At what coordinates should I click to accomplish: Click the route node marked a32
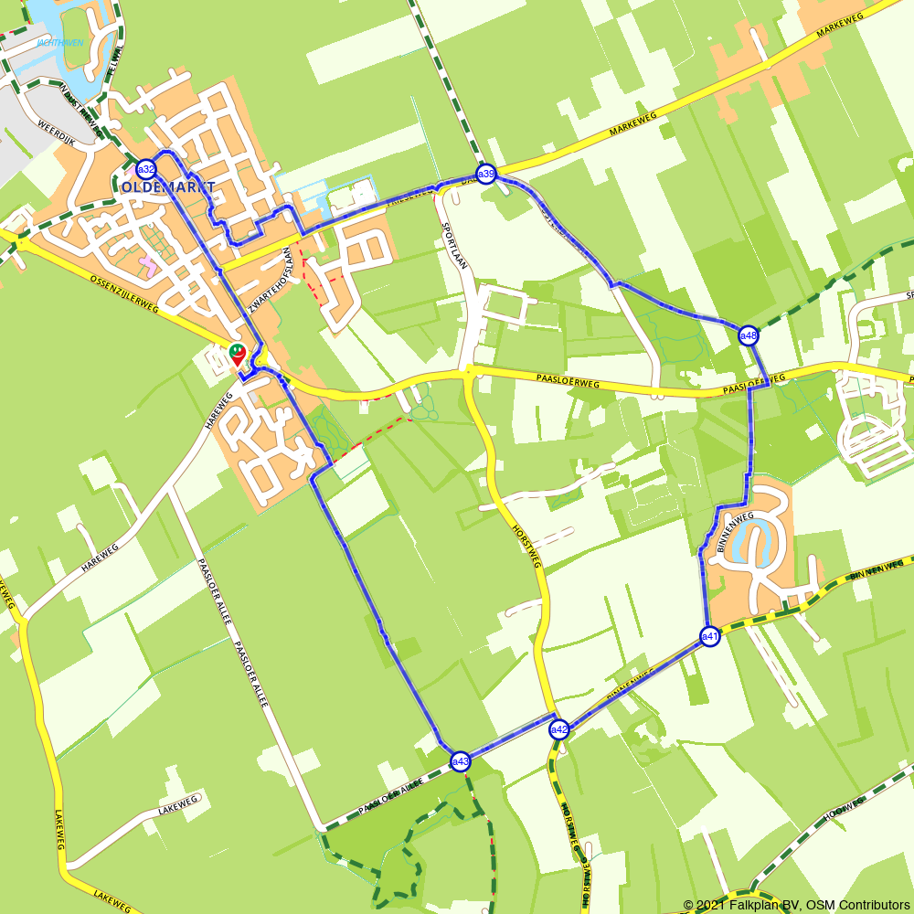[146, 169]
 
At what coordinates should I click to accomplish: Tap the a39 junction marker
[486, 174]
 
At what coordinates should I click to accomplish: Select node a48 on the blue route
[749, 335]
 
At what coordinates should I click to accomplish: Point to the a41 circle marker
[710, 636]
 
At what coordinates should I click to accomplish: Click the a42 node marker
[559, 729]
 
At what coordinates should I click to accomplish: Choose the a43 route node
[461, 760]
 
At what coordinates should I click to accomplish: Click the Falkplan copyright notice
[796, 905]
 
